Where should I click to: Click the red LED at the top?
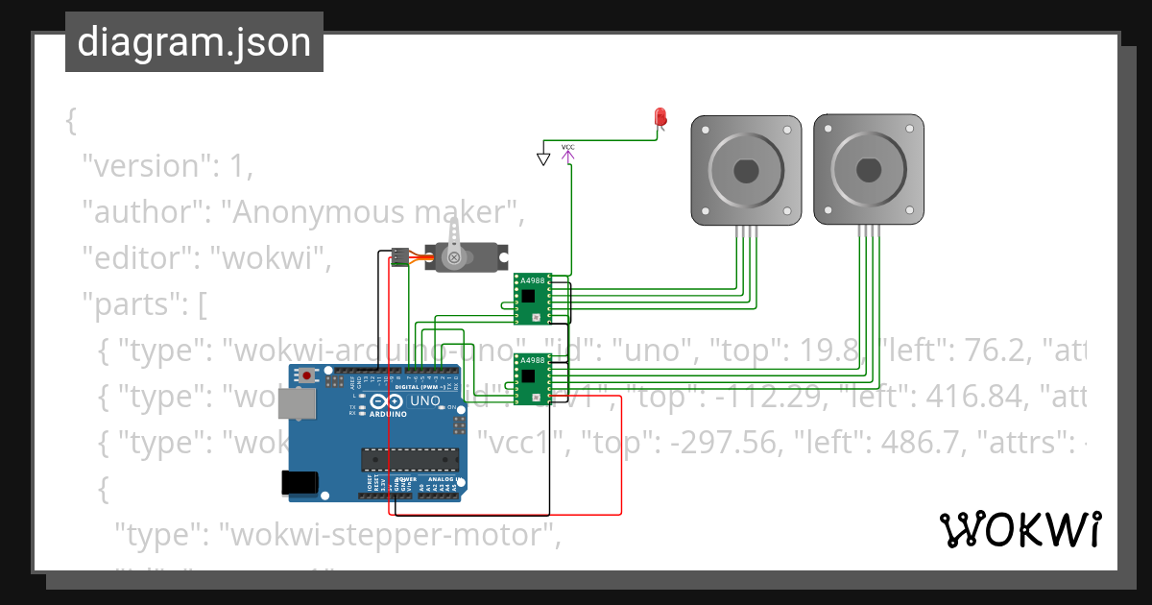click(x=660, y=117)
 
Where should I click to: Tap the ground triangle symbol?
click(x=543, y=158)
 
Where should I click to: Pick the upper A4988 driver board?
click(x=531, y=299)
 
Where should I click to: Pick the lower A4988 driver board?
click(x=531, y=379)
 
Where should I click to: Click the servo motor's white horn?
click(x=456, y=240)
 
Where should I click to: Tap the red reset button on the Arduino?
click(x=306, y=375)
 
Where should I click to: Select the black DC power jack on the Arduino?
click(x=299, y=483)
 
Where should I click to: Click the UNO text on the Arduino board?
click(x=425, y=400)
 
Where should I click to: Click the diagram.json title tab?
click(x=194, y=42)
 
